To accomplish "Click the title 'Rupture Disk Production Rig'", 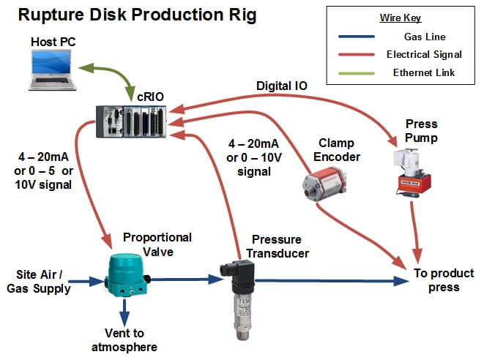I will [x=138, y=15].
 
